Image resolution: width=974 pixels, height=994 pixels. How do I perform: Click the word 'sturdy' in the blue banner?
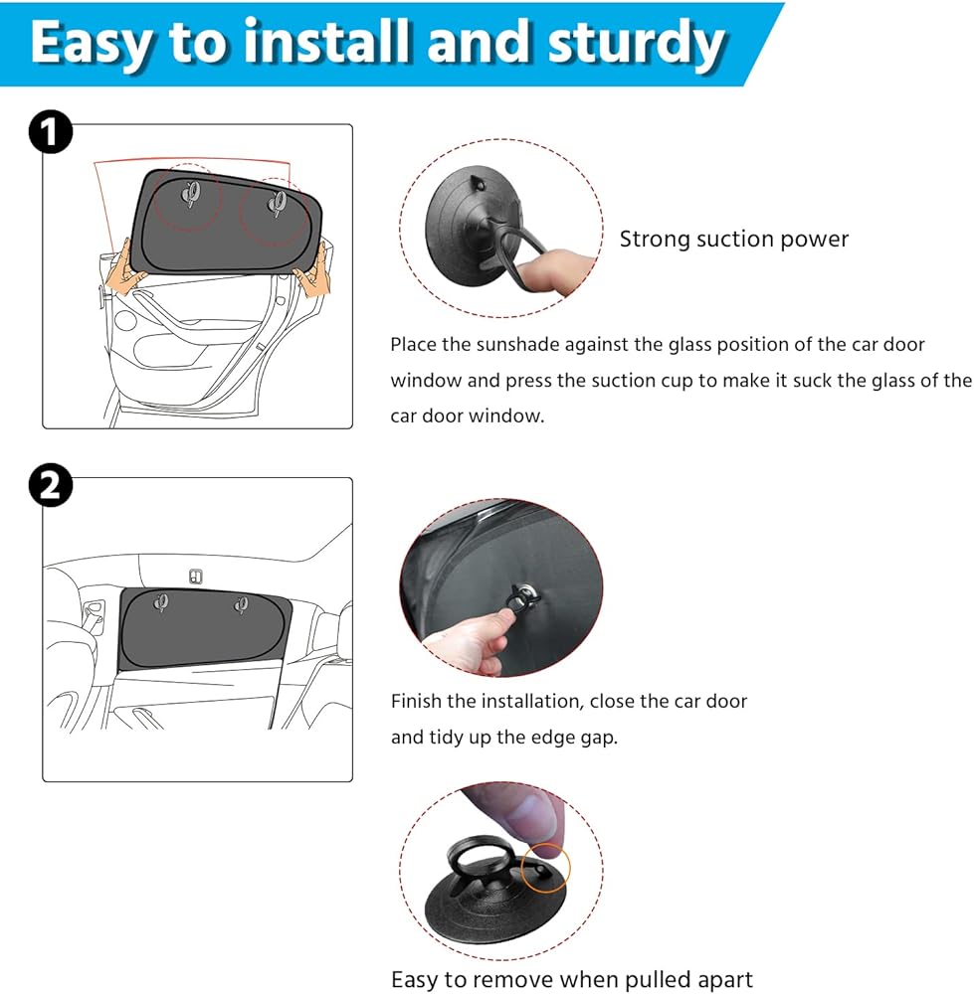pos(636,43)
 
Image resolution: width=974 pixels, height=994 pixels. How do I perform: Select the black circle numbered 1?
pos(51,132)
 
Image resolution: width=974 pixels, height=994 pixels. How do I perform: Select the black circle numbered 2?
pos(51,486)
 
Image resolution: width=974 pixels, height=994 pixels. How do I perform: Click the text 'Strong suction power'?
pos(733,239)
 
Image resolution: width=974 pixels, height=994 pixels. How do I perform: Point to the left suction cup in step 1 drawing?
pos(190,194)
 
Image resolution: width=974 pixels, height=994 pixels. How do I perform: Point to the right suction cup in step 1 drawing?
pos(277,204)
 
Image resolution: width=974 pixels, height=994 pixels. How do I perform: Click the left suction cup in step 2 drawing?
pos(161,601)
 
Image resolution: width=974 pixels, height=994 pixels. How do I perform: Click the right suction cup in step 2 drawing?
pos(241,606)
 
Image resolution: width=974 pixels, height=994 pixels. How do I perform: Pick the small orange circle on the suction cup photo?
pos(545,868)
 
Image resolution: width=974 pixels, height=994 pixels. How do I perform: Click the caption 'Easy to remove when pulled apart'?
pos(572,979)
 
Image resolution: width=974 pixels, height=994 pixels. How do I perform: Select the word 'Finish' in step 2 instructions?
pos(416,701)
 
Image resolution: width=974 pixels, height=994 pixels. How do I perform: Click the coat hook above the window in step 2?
pos(195,577)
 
